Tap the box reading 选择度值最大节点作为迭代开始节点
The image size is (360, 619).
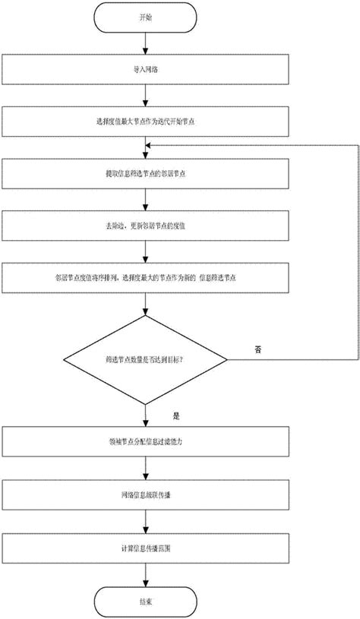(144, 121)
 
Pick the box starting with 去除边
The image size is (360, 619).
(144, 225)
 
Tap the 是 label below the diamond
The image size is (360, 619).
(177, 416)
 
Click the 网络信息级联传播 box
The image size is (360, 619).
(144, 494)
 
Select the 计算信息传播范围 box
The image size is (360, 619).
(144, 546)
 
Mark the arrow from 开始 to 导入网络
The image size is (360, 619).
(144, 43)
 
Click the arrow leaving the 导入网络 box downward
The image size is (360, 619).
(144, 96)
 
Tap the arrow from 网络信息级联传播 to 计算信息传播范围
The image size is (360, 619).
(144, 520)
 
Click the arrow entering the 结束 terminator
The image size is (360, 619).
(144, 573)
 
